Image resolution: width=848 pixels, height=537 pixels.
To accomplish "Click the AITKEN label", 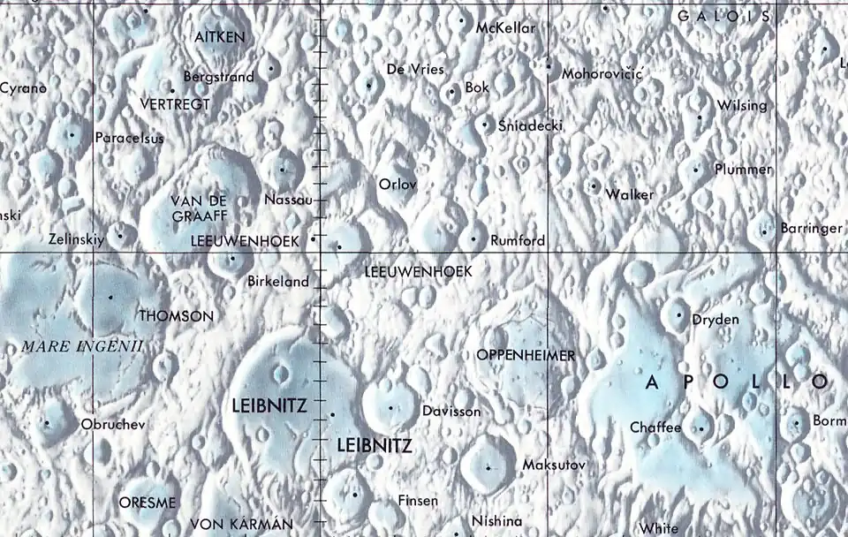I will pyautogui.click(x=220, y=37).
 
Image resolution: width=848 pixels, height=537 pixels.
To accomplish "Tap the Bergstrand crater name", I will pyautogui.click(x=218, y=77).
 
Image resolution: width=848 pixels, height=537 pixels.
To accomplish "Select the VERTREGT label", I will pyautogui.click(x=175, y=104).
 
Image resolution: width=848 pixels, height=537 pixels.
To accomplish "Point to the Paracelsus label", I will pyautogui.click(x=129, y=138).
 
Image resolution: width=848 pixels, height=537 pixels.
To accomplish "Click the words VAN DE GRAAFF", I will pyautogui.click(x=199, y=208).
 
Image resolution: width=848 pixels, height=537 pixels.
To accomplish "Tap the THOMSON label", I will pyautogui.click(x=177, y=316).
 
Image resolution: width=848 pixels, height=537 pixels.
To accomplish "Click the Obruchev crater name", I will pyautogui.click(x=112, y=425).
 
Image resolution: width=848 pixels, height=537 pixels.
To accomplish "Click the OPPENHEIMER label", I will pyautogui.click(x=526, y=356).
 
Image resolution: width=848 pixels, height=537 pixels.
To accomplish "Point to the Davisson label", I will pyautogui.click(x=451, y=412).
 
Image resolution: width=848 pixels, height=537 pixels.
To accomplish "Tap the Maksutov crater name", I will pyautogui.click(x=554, y=465).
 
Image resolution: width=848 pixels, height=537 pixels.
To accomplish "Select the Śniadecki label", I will pyautogui.click(x=530, y=125).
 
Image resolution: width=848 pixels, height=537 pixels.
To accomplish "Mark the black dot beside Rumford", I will pyautogui.click(x=474, y=238).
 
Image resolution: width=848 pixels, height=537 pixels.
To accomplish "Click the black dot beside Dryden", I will pyautogui.click(x=678, y=314).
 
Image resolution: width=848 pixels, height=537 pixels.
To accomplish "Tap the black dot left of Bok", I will pyautogui.click(x=452, y=91).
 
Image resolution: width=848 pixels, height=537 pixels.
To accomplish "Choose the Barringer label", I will pyautogui.click(x=811, y=229).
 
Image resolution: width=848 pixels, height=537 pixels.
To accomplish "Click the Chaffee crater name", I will pyautogui.click(x=655, y=428).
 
